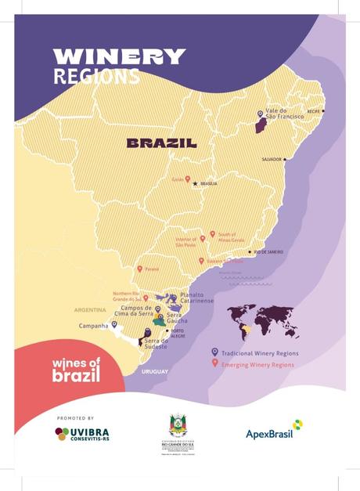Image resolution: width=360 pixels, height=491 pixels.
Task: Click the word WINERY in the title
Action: coord(119,57)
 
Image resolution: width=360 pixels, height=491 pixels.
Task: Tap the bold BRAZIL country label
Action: coord(161,144)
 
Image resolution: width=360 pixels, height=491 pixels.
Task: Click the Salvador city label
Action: coord(272,159)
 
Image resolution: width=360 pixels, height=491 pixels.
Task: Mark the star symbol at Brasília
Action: coord(196,184)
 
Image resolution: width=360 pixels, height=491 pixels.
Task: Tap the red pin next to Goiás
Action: coord(187,179)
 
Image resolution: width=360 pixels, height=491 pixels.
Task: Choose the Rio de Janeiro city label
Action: coord(267,252)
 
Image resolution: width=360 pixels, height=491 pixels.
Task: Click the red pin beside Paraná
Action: coord(140,269)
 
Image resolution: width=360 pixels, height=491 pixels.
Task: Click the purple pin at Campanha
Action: coord(114,324)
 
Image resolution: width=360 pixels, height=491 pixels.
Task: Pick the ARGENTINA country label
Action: coord(89,310)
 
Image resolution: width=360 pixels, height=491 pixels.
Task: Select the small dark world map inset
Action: coord(263,320)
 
